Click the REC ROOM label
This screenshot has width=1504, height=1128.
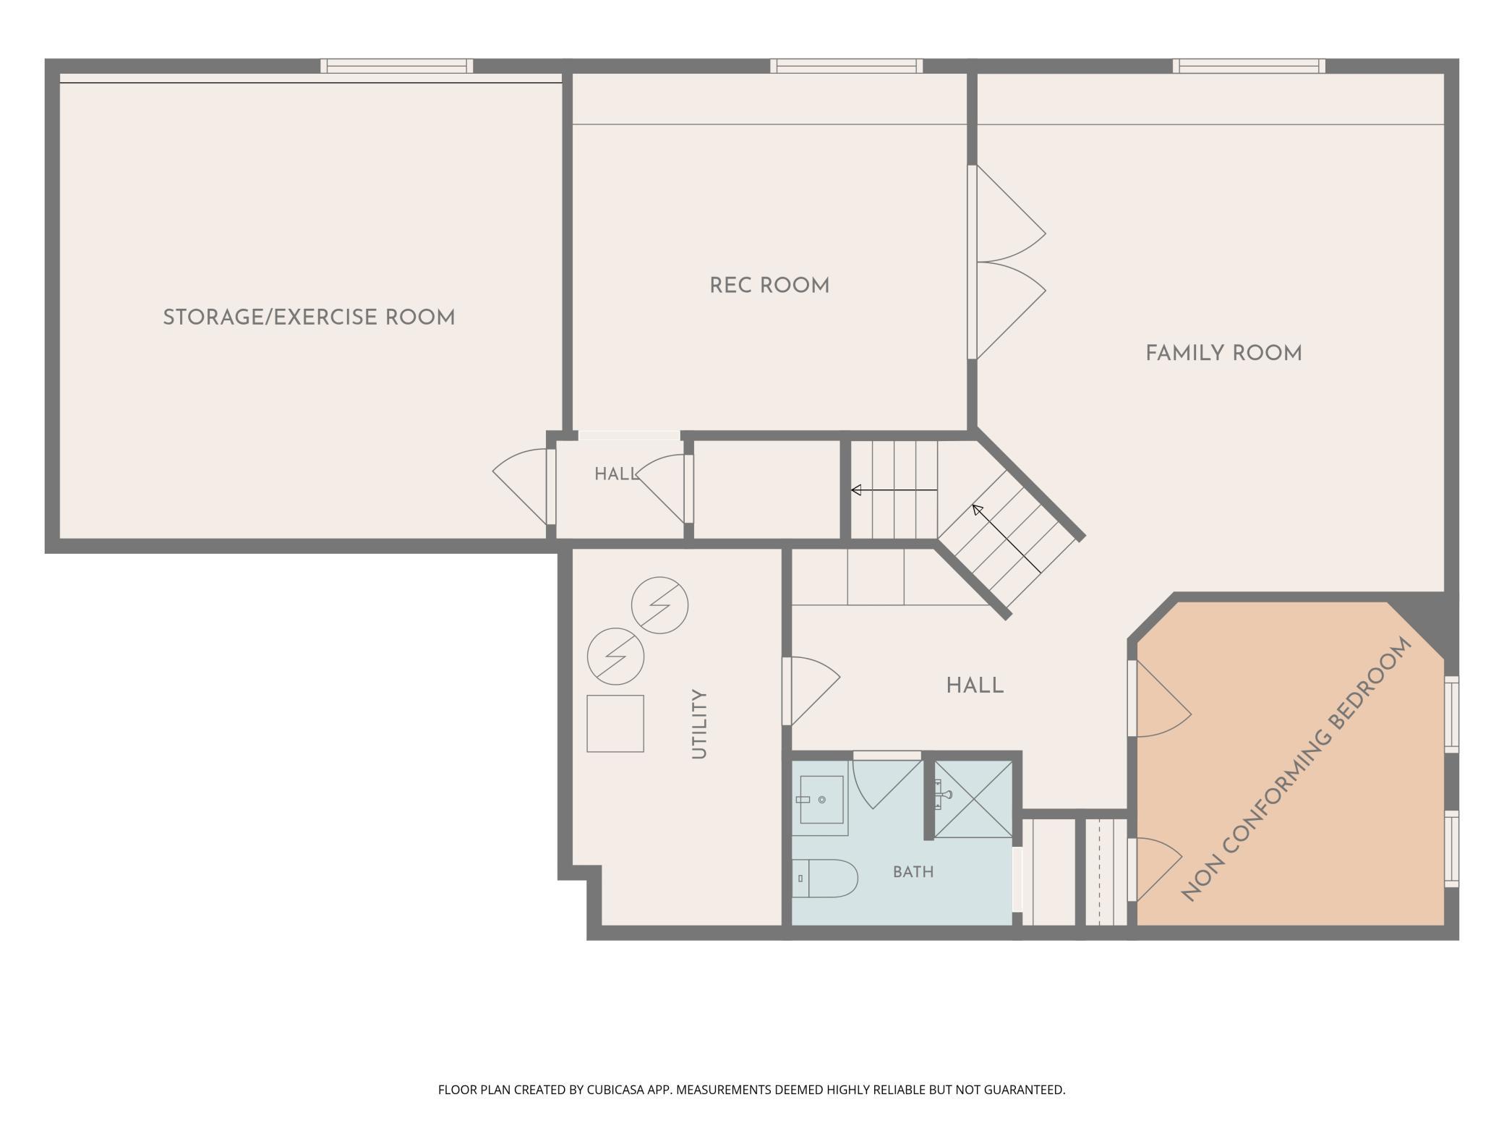coord(769,286)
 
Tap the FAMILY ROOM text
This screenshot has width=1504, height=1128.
coord(1223,354)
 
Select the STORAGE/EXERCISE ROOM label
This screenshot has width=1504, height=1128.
coord(309,317)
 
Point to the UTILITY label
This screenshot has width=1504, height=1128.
coord(698,724)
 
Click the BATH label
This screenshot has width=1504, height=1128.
coord(913,872)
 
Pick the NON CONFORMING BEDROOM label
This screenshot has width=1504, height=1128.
coord(1296,769)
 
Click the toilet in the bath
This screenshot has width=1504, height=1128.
coord(824,879)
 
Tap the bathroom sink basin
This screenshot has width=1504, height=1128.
coord(821,800)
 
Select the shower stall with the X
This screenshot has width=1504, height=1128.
coord(973,799)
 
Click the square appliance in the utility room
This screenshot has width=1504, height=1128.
coord(615,724)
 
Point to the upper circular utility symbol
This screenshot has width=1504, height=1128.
coord(659,605)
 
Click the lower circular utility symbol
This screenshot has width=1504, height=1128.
coord(615,657)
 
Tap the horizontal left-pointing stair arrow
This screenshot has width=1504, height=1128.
coord(894,490)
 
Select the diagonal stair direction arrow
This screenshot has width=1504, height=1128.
coord(1007,539)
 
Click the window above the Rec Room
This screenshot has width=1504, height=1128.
coord(846,66)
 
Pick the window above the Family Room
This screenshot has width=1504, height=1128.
coord(1249,66)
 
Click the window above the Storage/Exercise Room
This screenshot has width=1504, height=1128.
coord(397,66)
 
